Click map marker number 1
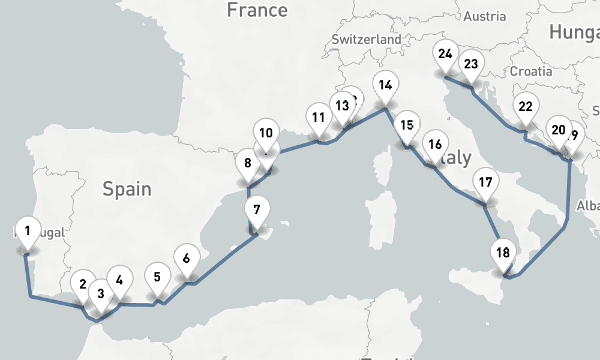click(27, 230)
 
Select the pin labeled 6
click(186, 259)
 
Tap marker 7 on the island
click(257, 211)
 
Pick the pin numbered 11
click(318, 118)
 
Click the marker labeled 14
click(385, 85)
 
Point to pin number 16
click(435, 145)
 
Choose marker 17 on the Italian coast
click(486, 182)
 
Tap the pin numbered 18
click(503, 253)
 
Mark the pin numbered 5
click(157, 277)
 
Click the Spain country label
click(127, 189)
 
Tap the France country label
click(257, 10)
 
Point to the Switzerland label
click(366, 39)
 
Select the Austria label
click(485, 16)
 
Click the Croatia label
click(531, 71)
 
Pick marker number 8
click(247, 163)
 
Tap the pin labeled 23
click(471, 64)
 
